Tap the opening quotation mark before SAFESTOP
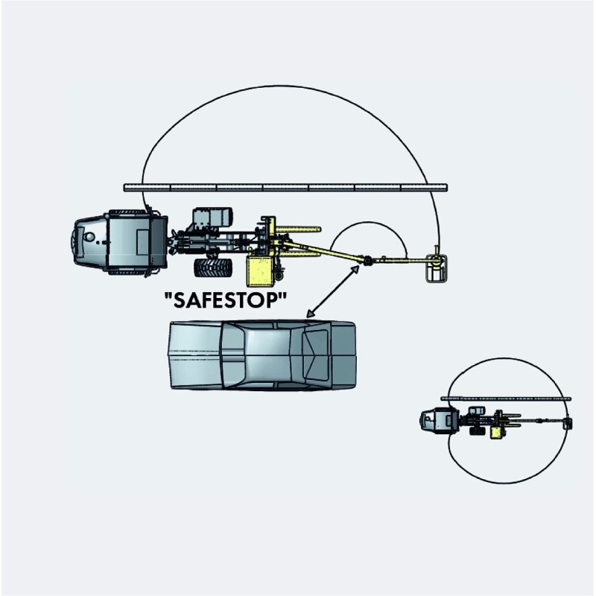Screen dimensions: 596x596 pos(168,294)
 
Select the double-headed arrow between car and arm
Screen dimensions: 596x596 pos(332,291)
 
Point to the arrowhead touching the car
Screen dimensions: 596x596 pos(310,314)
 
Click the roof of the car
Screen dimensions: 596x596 pos(268,355)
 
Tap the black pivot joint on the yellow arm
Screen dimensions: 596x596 pos(367,261)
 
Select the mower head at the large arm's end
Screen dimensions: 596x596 pos(437,268)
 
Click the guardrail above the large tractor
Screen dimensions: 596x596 pos(285,188)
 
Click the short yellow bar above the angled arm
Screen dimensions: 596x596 pos(299,229)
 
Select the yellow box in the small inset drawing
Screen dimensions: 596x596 pos(495,433)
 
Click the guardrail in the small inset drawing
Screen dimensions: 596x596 pos(506,399)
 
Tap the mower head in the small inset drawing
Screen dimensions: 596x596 pos(567,423)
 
